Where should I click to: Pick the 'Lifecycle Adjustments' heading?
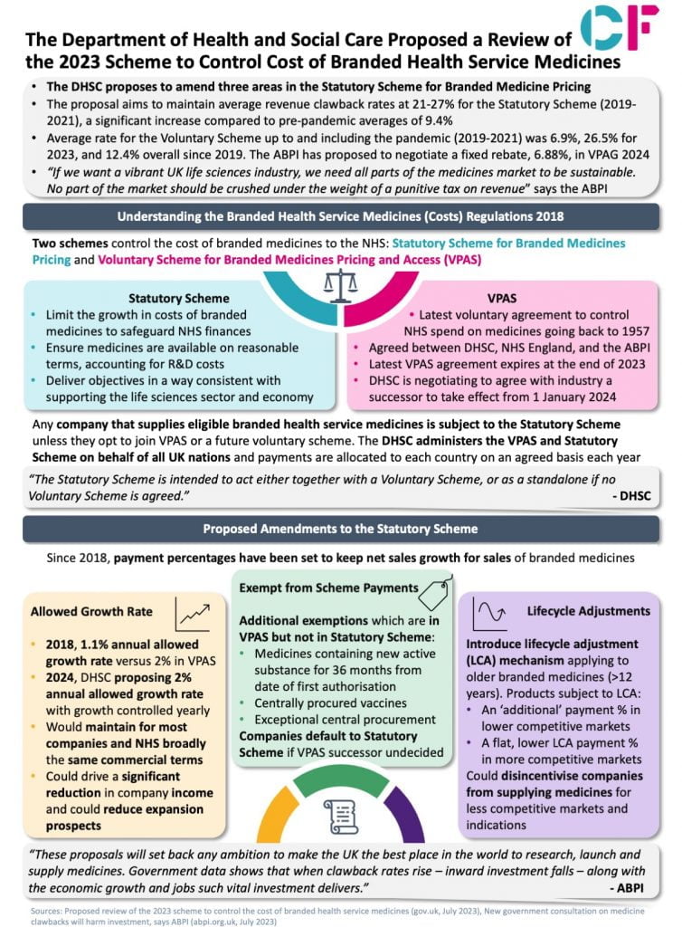coord(588,611)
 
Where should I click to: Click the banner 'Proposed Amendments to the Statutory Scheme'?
coord(340,529)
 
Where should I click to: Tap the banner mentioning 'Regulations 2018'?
coord(340,216)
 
